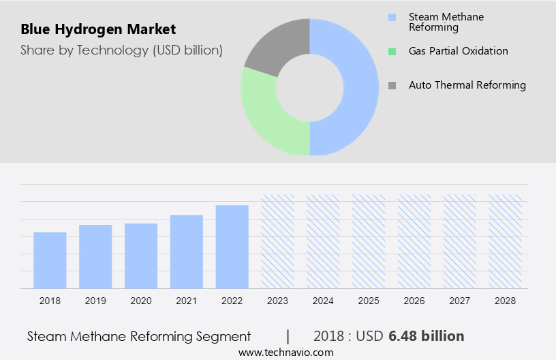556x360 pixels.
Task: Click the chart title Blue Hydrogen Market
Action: coord(98,29)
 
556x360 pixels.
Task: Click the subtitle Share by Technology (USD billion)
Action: coord(121,50)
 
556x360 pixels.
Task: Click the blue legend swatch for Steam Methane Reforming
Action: coord(392,17)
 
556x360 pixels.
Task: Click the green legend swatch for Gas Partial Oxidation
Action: coord(392,51)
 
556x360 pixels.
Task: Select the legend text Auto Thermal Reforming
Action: coord(467,85)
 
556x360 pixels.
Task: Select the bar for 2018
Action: coord(50,260)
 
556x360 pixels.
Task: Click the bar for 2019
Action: coord(95,256)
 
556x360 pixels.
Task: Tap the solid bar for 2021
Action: coord(187,252)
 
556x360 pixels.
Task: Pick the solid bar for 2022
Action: coord(232,247)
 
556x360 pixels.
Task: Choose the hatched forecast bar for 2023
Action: coord(278,241)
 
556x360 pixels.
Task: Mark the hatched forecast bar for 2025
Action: coord(369,241)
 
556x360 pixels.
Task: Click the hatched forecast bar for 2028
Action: coord(505,241)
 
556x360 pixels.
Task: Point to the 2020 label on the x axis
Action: coord(141,301)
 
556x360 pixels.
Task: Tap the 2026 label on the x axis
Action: coord(414,301)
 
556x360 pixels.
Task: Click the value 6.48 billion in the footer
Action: coord(427,336)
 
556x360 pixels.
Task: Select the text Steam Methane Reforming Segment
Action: coord(139,336)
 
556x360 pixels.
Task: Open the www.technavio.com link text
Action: coord(285,352)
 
